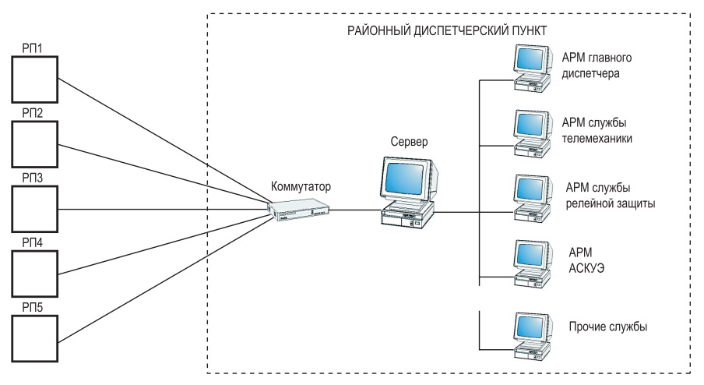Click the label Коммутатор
(x=300, y=186)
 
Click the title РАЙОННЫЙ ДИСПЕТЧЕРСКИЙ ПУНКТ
(x=447, y=30)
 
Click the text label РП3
(x=32, y=179)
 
